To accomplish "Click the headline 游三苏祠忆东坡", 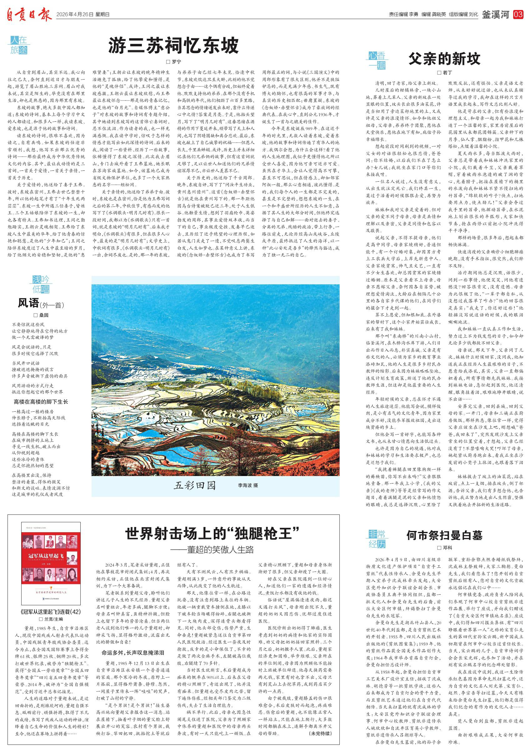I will point(173,45).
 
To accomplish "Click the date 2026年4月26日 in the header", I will point(75,15).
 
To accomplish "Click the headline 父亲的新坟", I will point(444,59).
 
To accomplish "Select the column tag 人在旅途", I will point(19,45).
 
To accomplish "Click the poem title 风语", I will point(28,303).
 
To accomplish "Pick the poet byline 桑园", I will point(41,315).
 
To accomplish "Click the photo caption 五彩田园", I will point(195,485).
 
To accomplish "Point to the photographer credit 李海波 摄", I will point(248,486).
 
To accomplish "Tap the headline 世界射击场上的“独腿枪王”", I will point(213,534).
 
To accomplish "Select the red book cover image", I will point(51,563).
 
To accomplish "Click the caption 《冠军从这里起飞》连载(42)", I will point(51,612).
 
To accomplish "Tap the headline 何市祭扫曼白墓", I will point(444,535).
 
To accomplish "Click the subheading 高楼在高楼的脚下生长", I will point(41,401).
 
